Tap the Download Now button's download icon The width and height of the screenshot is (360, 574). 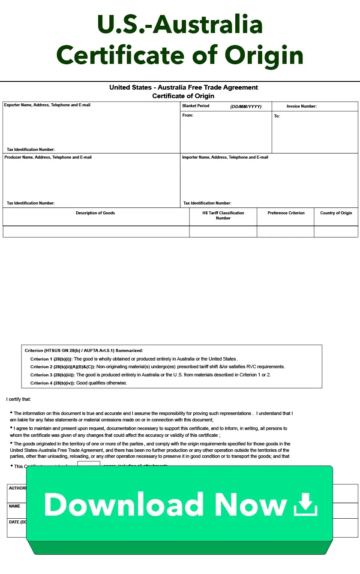tap(306, 504)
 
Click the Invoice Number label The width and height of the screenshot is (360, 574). tap(302, 106)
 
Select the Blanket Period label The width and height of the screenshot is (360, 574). tap(196, 106)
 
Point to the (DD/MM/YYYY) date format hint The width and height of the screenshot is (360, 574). tap(246, 106)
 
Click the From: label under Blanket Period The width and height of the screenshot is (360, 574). tap(188, 115)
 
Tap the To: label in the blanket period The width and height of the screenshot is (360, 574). tap(277, 116)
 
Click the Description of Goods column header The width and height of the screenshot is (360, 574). tap(95, 213)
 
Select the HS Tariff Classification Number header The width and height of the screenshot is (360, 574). tap(223, 215)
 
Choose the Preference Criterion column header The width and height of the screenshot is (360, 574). tap(286, 213)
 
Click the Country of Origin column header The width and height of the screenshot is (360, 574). tap(336, 213)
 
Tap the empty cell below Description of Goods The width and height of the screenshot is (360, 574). tap(96, 231)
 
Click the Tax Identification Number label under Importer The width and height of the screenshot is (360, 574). tap(207, 203)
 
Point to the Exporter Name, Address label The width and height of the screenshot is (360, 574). tap(47, 105)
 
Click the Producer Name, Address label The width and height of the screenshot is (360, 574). tap(48, 157)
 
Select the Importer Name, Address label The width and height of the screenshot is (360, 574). tap(225, 157)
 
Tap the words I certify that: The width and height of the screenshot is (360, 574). tap(18, 399)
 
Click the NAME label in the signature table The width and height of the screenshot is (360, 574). tap(15, 506)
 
